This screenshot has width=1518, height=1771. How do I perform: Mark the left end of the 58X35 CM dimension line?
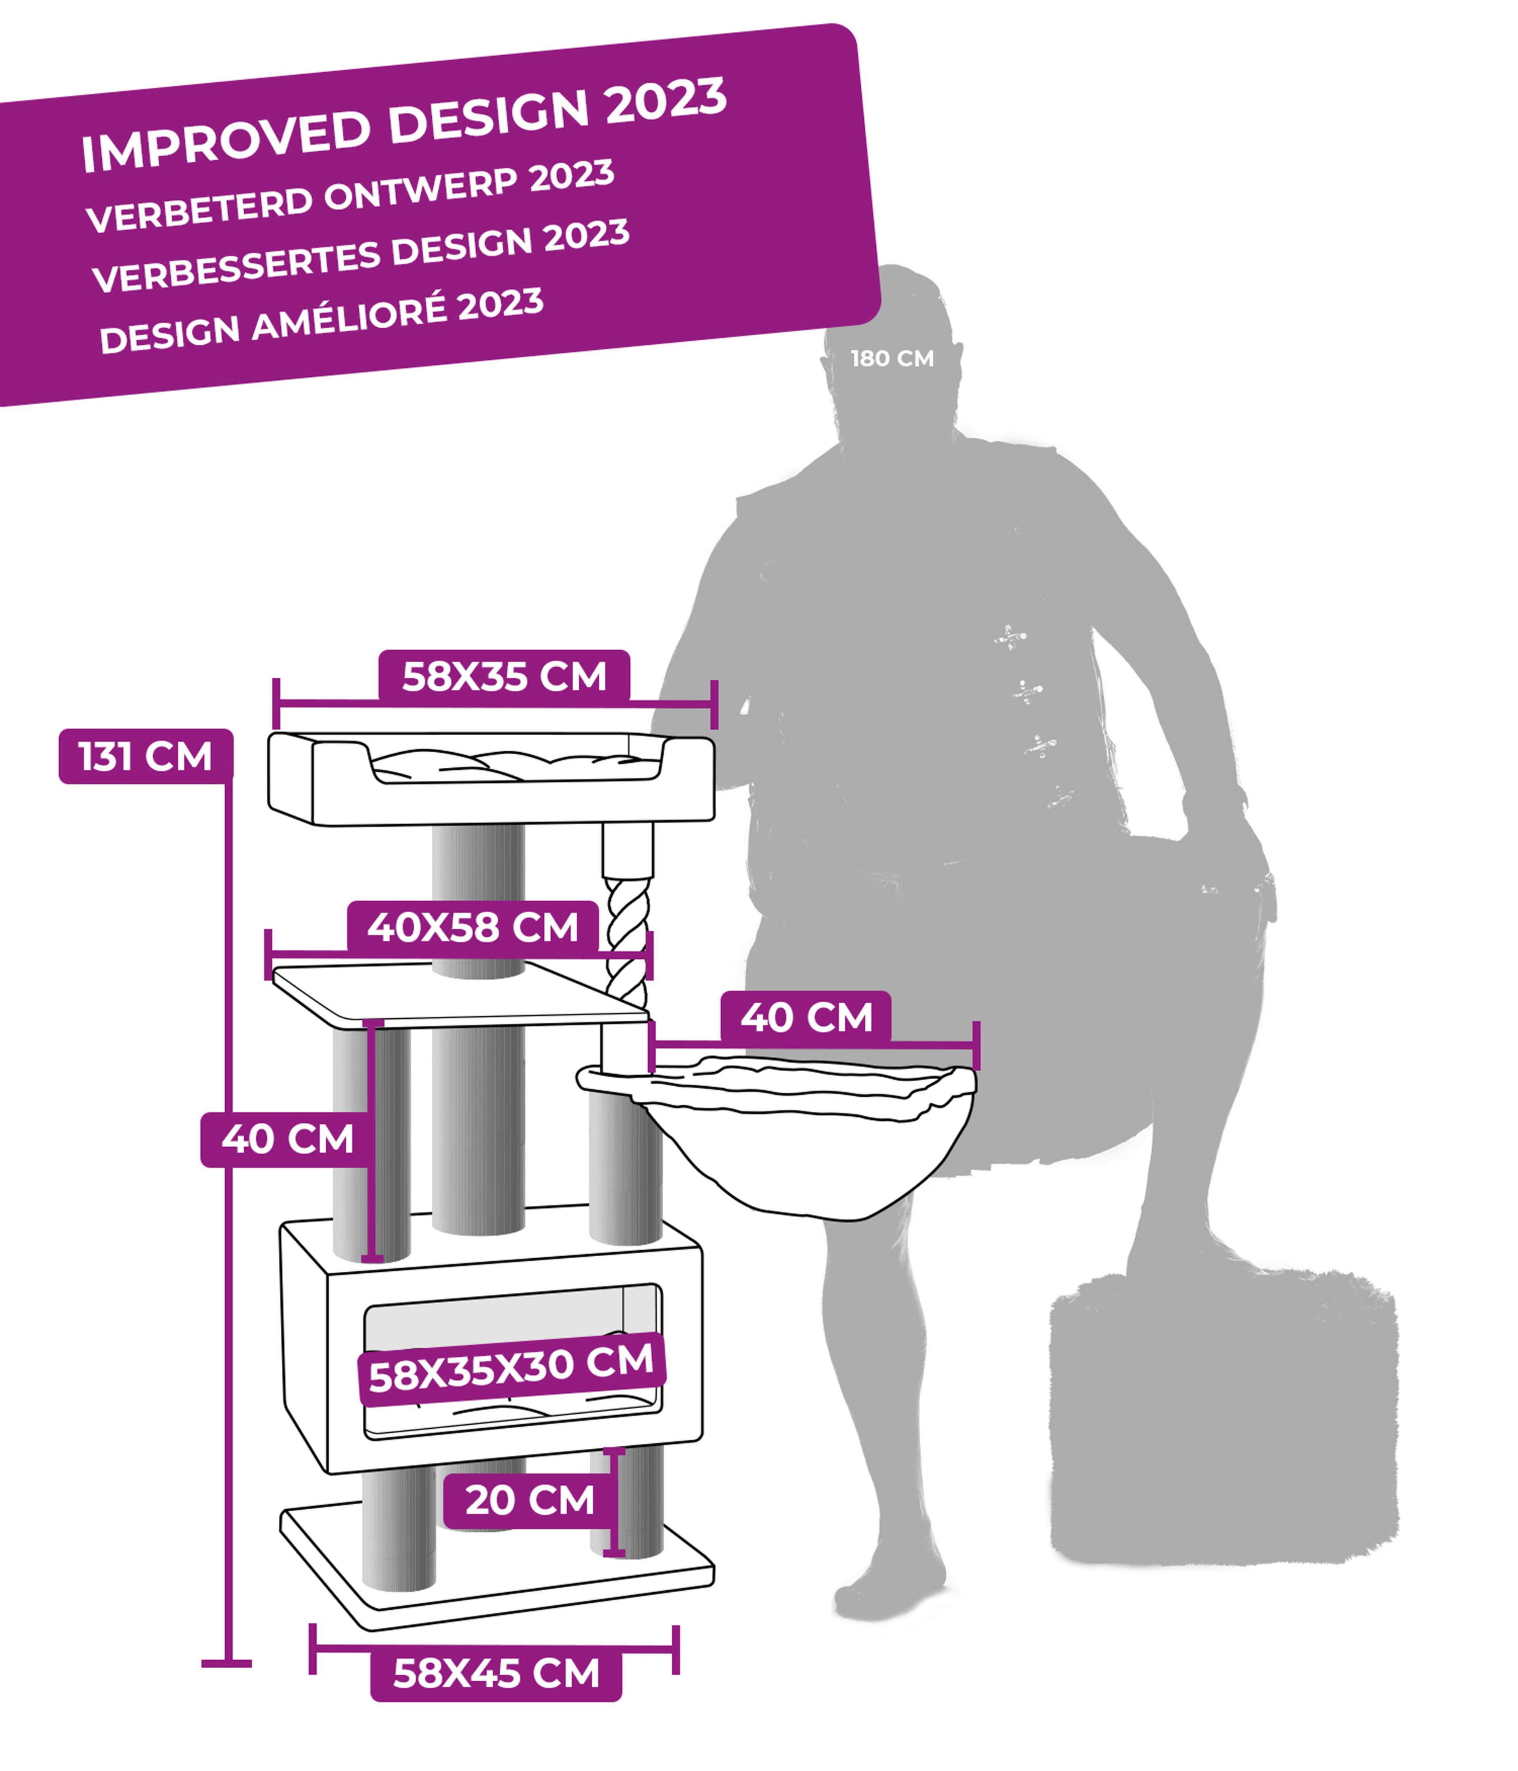276,703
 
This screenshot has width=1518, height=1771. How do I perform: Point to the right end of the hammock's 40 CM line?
976,1044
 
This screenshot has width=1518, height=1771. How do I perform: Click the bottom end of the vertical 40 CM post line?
373,1258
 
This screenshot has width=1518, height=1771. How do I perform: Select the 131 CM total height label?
145,757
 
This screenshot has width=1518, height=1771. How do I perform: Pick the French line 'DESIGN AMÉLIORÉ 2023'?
321,321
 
